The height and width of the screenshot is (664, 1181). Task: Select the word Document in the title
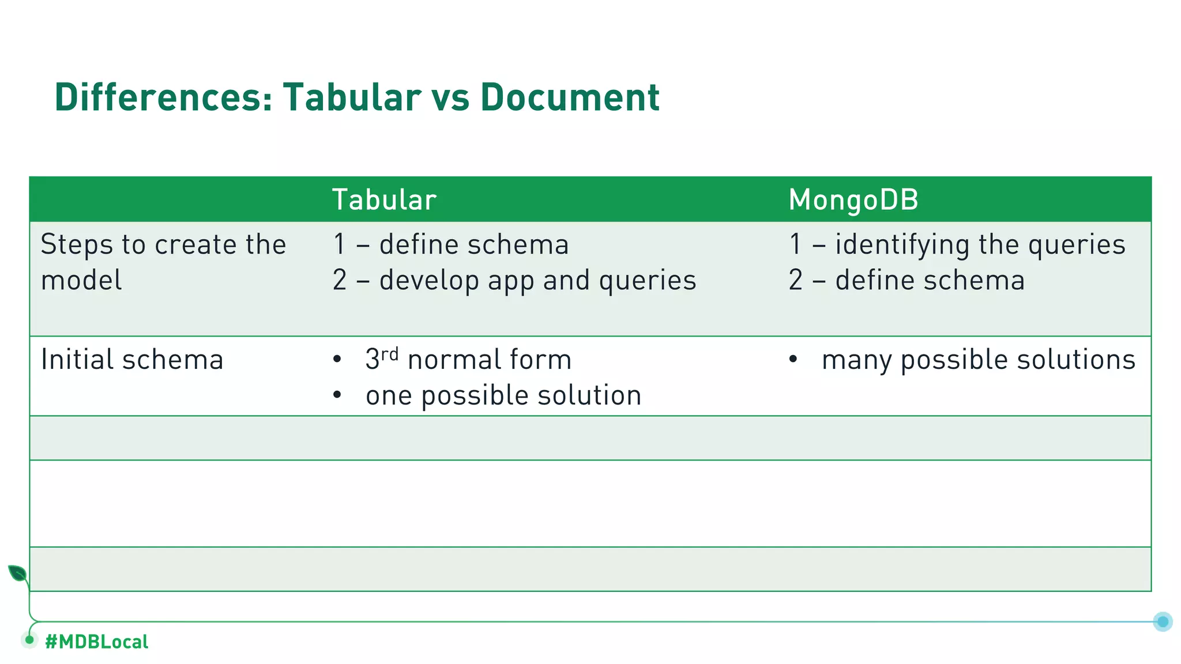tap(570, 97)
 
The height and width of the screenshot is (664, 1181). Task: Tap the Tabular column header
tap(384, 200)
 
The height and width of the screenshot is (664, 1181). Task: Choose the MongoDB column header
tap(853, 200)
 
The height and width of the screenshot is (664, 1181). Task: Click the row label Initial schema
tap(132, 360)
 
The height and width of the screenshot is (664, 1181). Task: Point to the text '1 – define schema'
tap(450, 244)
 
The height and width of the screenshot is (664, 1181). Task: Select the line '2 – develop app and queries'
tap(514, 281)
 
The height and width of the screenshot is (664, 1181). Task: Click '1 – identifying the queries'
tap(957, 244)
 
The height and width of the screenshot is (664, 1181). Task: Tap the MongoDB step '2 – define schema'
tap(907, 281)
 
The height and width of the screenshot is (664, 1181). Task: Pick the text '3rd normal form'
tap(468, 360)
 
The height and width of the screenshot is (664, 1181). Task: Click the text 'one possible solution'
tap(503, 395)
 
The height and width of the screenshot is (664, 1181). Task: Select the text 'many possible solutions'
tap(978, 360)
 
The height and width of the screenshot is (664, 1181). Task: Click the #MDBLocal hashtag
tap(96, 642)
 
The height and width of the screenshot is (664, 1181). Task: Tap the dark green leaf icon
tap(17, 574)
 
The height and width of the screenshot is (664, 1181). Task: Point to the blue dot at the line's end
tap(1163, 621)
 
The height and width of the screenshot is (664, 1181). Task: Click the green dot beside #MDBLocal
tap(29, 640)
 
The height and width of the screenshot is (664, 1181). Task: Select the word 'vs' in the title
tap(450, 97)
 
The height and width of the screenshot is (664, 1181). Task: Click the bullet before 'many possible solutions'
tap(793, 360)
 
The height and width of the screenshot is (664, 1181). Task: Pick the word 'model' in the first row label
tap(81, 281)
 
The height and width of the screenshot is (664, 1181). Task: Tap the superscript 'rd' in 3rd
tap(390, 353)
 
